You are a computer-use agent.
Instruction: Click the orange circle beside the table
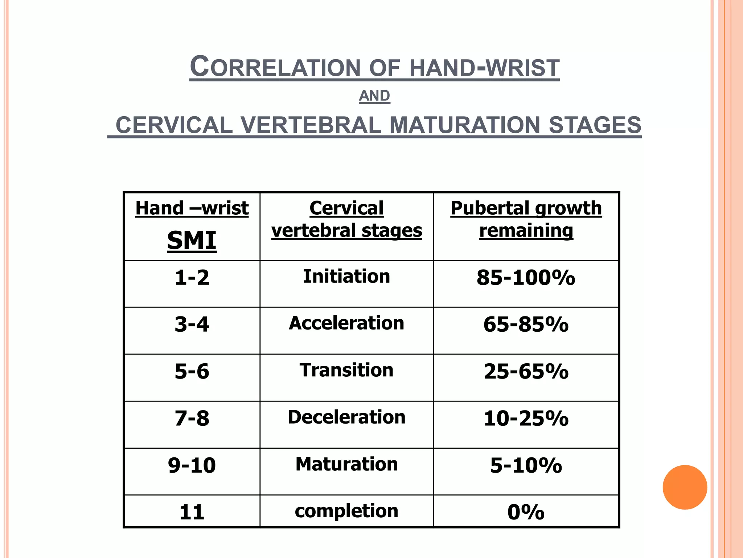click(x=685, y=487)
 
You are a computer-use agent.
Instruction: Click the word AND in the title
click(x=374, y=96)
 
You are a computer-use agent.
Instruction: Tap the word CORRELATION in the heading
click(x=275, y=68)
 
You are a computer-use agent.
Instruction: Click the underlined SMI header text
click(x=192, y=240)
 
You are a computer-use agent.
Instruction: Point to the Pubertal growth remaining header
click(x=526, y=219)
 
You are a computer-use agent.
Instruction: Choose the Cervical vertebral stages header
click(x=346, y=219)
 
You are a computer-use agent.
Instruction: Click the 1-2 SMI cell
click(x=192, y=278)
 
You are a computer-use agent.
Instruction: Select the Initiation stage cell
click(x=346, y=276)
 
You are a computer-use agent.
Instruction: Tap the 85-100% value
click(x=526, y=278)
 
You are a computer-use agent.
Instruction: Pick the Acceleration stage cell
click(x=346, y=323)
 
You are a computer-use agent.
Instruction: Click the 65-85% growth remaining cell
click(x=526, y=324)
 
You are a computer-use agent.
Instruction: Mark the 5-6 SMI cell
click(x=192, y=371)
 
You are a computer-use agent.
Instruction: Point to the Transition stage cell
click(x=346, y=370)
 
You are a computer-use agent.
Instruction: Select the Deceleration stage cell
click(x=346, y=417)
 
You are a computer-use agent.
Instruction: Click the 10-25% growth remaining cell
click(x=526, y=418)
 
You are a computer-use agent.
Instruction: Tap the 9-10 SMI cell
click(x=192, y=465)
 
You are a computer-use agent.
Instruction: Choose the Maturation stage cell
click(x=346, y=464)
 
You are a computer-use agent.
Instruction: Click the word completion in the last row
click(x=346, y=511)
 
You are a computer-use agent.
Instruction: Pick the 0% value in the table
click(x=526, y=512)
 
